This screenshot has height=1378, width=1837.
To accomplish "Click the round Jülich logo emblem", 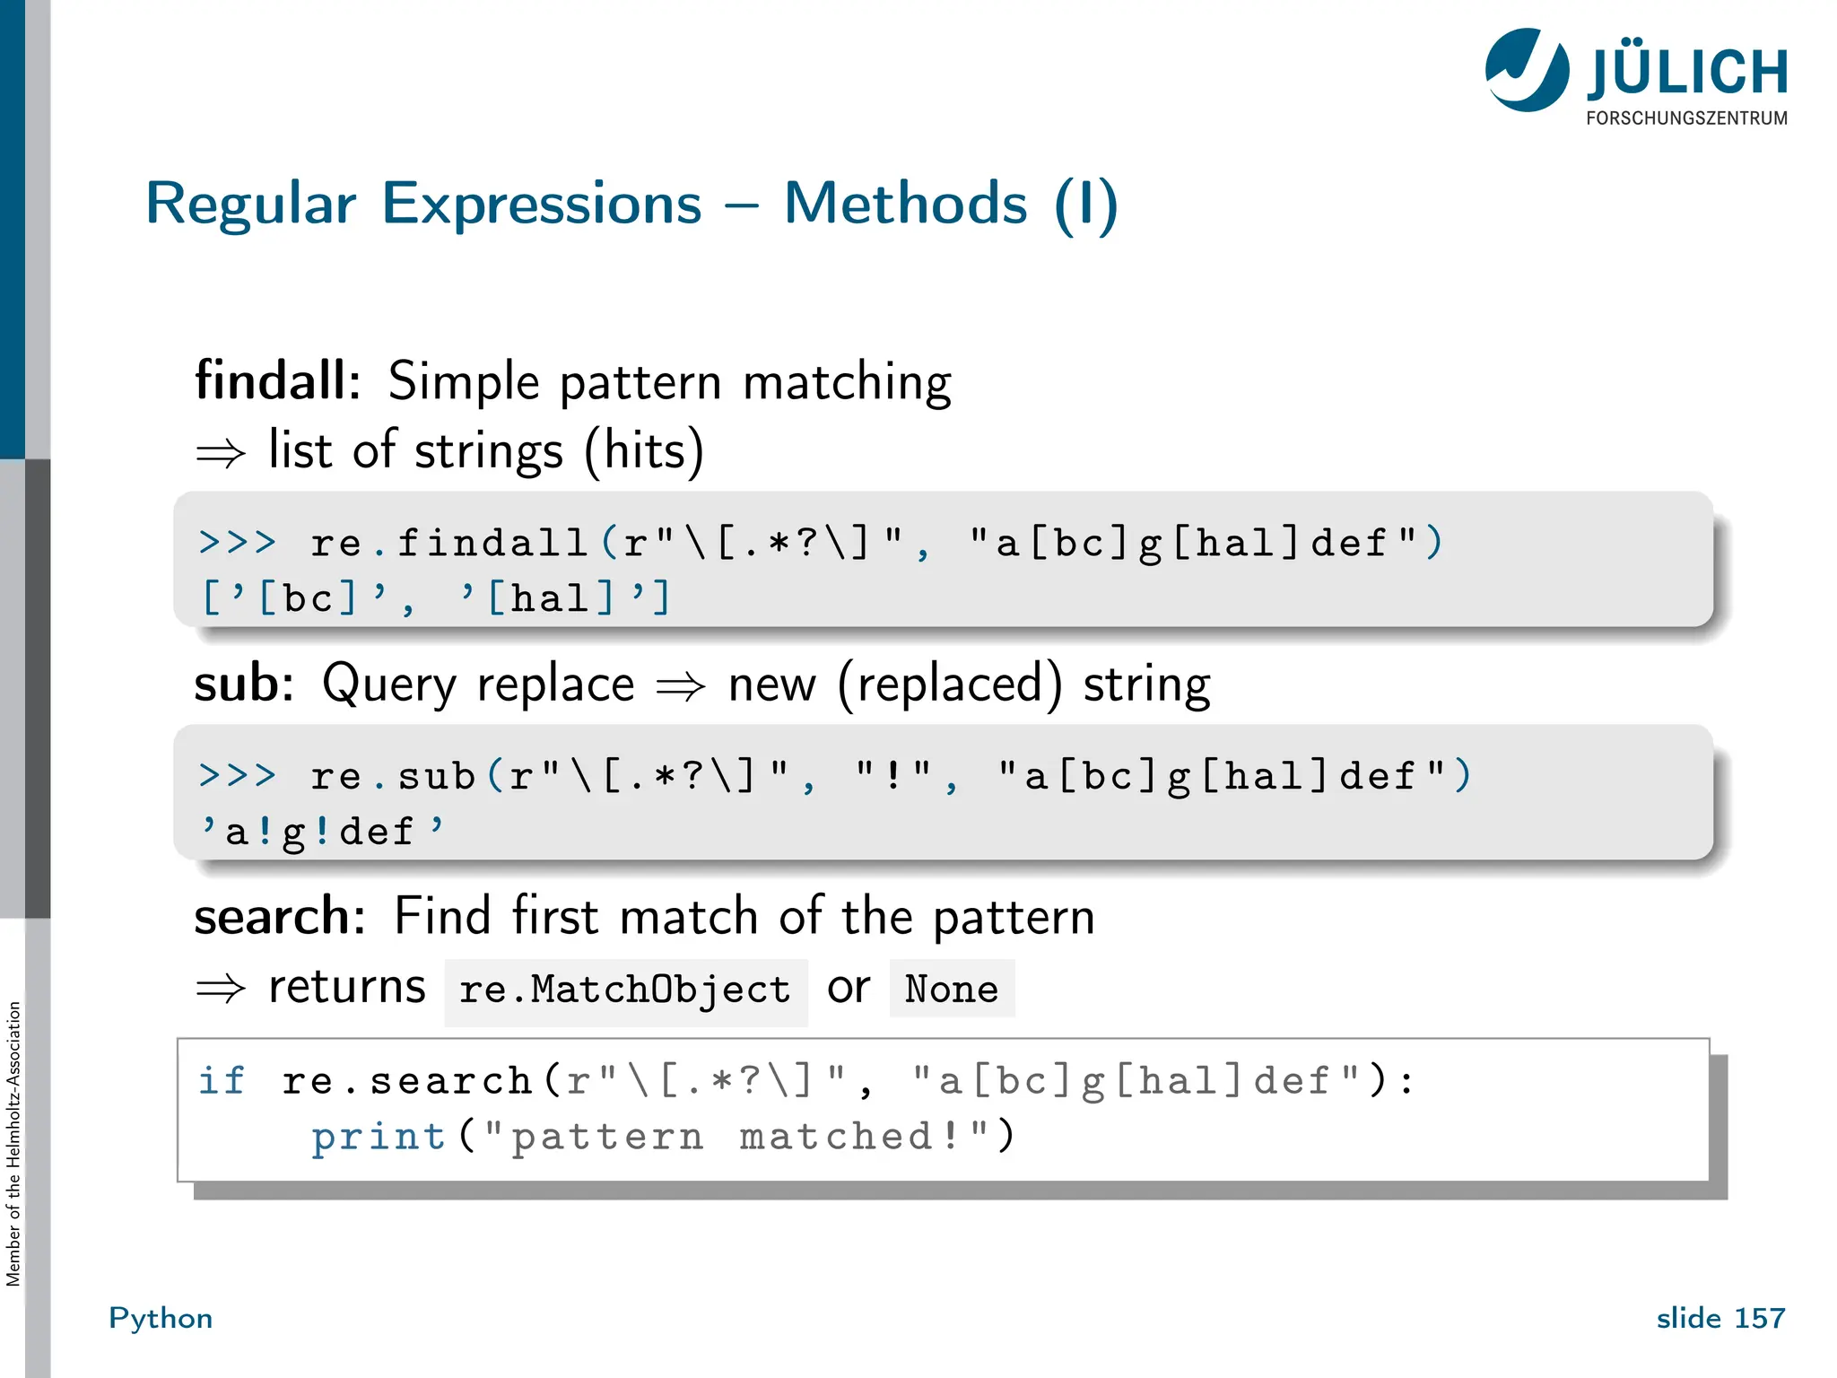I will coord(1527,70).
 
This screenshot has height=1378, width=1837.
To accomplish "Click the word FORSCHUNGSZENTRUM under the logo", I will coord(1686,118).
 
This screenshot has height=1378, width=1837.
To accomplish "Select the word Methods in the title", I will coord(905,204).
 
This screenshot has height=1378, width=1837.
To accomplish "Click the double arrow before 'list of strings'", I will coord(221,452).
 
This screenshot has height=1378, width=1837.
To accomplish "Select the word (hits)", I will coord(644,450).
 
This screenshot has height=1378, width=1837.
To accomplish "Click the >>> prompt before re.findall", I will coord(238,543).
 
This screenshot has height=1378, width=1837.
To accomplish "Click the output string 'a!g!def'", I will coord(321,832).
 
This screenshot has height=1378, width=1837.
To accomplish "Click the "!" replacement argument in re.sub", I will coord(893,776).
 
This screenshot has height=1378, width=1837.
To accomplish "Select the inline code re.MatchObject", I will coord(625,990).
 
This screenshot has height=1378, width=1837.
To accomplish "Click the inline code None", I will coord(951,989).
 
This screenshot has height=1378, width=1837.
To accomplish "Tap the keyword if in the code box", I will coord(221,1081).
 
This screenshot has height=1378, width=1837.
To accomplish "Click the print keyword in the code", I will coord(379,1137).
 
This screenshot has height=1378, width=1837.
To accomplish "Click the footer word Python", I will coord(161,1318).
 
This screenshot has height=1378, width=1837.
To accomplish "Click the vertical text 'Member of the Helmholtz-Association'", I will coord(13,1144).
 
